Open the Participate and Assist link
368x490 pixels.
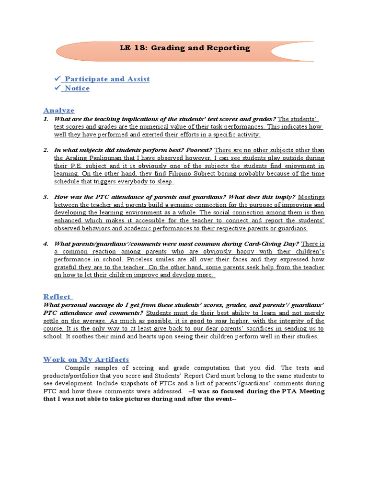coord(107,79)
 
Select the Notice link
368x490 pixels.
coord(77,88)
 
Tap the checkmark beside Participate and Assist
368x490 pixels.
coord(57,79)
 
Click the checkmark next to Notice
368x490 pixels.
coord(57,88)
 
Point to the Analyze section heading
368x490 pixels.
coord(59,110)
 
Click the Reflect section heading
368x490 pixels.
coord(57,296)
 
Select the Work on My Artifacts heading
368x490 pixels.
coord(86,359)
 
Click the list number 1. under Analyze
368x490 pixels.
coord(46,119)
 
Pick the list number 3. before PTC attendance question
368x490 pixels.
coord(46,197)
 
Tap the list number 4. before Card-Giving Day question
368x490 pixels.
coord(46,244)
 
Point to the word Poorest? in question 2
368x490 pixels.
coord(199,150)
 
